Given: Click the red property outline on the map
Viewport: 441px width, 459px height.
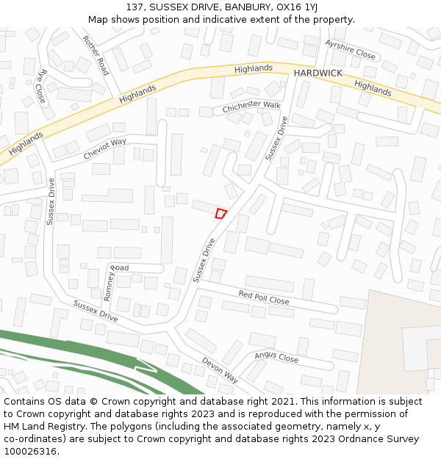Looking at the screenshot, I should tap(220, 213).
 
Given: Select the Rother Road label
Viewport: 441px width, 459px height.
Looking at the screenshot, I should tap(96, 56).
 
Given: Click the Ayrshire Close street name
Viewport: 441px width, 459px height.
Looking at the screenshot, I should tap(350, 50).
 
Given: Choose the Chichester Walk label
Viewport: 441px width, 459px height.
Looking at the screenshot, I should tap(251, 106).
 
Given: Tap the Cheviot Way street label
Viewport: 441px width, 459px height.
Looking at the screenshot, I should tap(104, 148).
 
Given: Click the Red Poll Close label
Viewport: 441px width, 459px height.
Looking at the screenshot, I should tap(263, 297).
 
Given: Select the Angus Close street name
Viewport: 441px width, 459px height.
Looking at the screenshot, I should tap(276, 358).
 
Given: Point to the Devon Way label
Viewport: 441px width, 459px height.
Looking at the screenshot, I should tap(220, 369).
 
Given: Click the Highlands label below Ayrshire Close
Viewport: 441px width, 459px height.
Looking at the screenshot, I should tap(373, 89).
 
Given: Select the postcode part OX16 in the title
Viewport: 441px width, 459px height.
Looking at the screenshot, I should tap(289, 7).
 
